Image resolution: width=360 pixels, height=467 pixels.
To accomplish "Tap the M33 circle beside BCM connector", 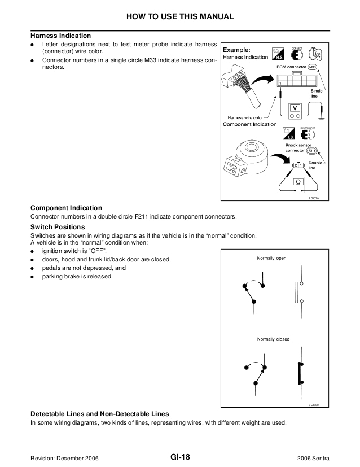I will pos(313,67).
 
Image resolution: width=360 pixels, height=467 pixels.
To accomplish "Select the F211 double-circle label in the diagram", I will pos(312,151).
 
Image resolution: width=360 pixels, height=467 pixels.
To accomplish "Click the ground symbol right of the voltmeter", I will pos(321,119).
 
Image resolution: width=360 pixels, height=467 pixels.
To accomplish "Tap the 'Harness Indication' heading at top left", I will pos(60,36).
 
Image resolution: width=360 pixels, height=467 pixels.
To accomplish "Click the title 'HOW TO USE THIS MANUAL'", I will pos(180,16).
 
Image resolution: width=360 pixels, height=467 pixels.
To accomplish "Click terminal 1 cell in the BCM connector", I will pos(280,83).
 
